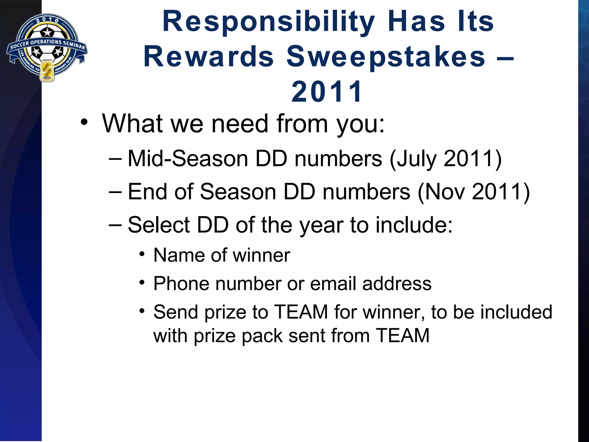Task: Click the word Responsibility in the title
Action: tap(269, 22)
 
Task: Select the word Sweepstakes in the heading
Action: tap(386, 57)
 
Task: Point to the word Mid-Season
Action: tap(188, 159)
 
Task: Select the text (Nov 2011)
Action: tap(473, 192)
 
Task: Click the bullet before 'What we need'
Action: tap(84, 123)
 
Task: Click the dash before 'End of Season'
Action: tap(115, 192)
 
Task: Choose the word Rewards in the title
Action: tap(209, 57)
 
